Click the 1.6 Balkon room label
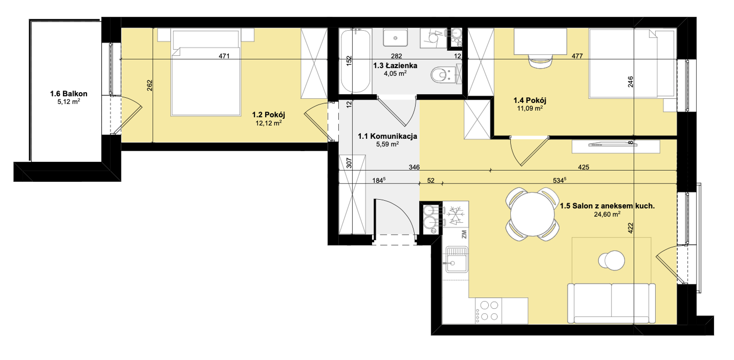[69, 94]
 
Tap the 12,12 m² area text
[269, 123]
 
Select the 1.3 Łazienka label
[395, 66]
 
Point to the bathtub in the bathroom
[356, 61]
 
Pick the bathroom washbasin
[396, 38]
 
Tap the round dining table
[532, 214]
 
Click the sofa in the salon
[612, 303]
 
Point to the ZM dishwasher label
[464, 234]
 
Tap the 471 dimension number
[224, 56]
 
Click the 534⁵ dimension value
[559, 180]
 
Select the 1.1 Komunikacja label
[387, 136]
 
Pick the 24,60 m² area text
[607, 215]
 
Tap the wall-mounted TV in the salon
[613, 144]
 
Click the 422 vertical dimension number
[631, 228]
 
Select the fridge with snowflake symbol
[456, 216]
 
